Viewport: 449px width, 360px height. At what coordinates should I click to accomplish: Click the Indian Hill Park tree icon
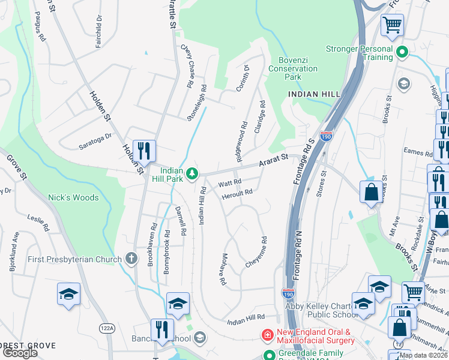point(191,174)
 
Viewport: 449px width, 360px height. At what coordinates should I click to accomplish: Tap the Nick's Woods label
point(73,197)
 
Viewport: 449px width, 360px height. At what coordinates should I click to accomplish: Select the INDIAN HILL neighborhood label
point(314,94)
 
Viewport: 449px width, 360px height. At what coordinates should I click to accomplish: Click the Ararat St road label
point(274,161)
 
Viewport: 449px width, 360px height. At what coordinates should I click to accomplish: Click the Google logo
point(20,353)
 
